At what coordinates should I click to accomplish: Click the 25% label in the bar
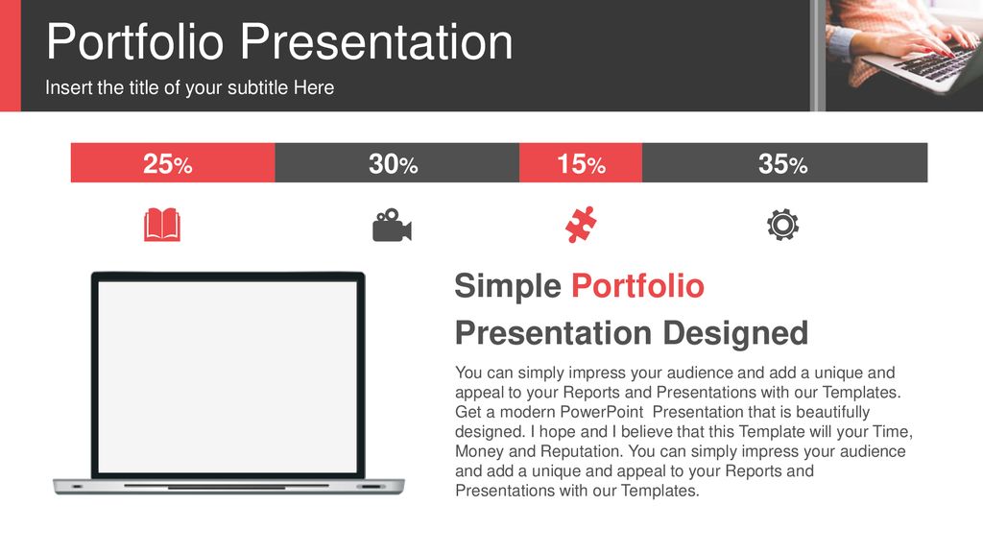[167, 163]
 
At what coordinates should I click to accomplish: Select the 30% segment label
[393, 163]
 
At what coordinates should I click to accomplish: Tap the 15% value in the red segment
[581, 163]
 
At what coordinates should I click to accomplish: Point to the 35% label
[783, 163]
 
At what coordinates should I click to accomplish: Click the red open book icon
[162, 225]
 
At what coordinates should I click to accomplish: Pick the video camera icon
[392, 225]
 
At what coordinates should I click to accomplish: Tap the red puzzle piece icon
[581, 225]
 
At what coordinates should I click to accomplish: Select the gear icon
[783, 225]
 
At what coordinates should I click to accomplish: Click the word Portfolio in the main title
[134, 42]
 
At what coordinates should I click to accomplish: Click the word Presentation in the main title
[376, 42]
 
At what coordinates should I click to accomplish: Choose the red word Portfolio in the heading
[637, 286]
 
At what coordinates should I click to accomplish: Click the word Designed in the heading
[735, 333]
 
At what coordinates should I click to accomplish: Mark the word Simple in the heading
[508, 286]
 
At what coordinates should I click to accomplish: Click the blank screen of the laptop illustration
[228, 376]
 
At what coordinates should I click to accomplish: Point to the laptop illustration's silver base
[228, 487]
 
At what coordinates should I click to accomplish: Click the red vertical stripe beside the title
[10, 56]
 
